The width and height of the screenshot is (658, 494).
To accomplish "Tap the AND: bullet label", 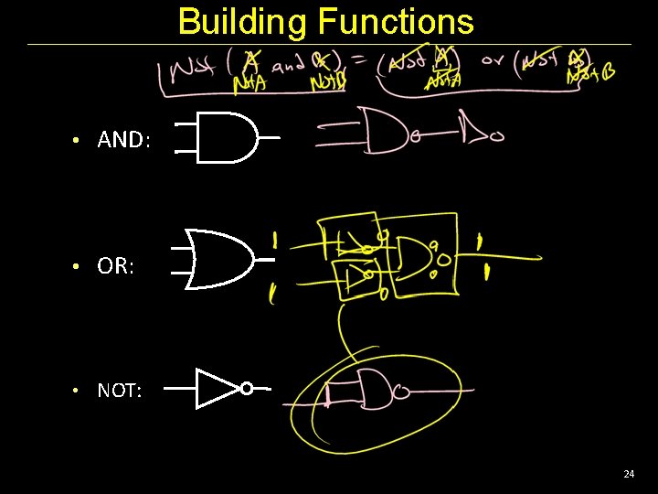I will (122, 140).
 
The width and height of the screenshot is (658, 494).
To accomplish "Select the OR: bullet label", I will (116, 267).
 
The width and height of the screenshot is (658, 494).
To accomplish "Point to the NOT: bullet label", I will (120, 391).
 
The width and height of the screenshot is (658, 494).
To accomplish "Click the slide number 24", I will (628, 474).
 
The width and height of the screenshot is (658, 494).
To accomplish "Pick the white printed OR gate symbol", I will (218, 259).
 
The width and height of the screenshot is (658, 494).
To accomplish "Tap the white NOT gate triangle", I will (216, 388).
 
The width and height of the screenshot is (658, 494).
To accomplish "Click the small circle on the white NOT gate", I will (247, 388).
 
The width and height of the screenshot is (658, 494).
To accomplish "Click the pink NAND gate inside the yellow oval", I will (371, 393).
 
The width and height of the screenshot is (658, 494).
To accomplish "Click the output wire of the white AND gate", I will (269, 137).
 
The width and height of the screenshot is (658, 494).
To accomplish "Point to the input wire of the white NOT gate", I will (181, 388).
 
